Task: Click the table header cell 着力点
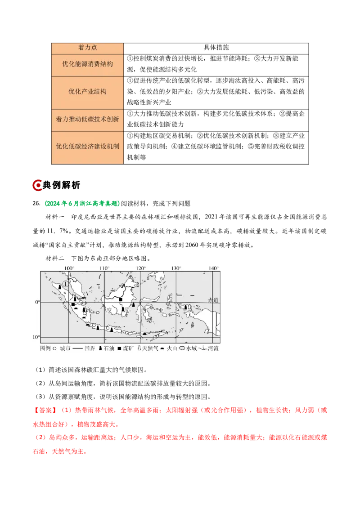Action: click(87, 48)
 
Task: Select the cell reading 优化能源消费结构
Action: click(87, 64)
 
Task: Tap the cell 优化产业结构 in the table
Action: click(87, 92)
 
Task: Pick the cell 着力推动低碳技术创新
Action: click(87, 120)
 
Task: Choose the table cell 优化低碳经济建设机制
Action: click(87, 147)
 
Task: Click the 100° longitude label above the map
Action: click(69, 268)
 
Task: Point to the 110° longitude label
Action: click(104, 268)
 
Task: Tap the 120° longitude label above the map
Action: click(140, 268)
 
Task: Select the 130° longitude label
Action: click(176, 268)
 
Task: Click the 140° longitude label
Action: click(213, 268)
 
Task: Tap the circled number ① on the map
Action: click(66, 284)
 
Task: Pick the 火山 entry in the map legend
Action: click(172, 348)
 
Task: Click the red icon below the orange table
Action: click(37, 186)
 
